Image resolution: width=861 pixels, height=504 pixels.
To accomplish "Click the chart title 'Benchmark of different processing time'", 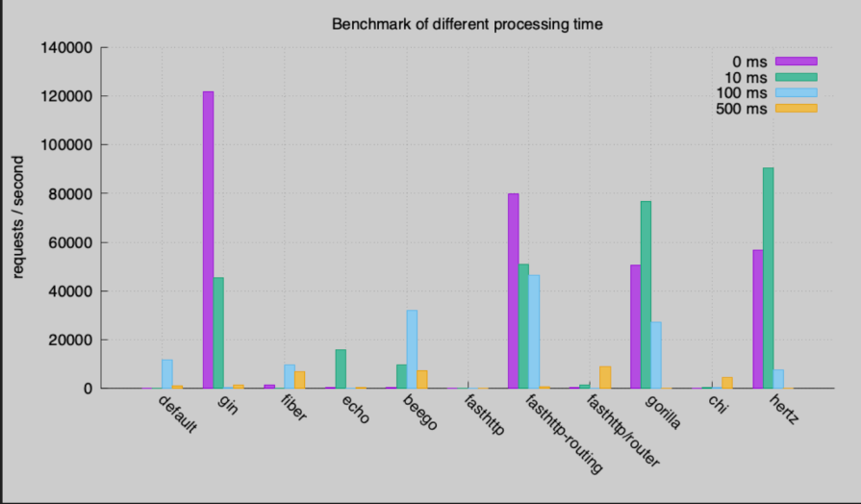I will click(468, 24).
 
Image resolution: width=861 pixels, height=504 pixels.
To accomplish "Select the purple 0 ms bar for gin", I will click(208, 239).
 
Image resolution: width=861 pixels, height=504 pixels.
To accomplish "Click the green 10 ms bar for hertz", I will click(769, 278).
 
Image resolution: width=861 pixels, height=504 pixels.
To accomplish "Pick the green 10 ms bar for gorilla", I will click(646, 294).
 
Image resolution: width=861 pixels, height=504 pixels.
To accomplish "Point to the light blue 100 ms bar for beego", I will click(412, 348).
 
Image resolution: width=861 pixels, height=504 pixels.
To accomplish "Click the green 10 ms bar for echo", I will click(341, 368).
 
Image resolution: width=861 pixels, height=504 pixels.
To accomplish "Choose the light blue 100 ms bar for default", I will click(167, 373).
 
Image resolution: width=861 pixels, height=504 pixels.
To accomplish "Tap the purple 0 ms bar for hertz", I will click(758, 318).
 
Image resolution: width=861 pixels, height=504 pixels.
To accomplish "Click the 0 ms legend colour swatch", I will click(796, 62).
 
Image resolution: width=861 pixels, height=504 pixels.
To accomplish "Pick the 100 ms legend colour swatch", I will click(796, 93).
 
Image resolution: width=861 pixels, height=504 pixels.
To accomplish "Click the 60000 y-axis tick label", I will click(68, 242).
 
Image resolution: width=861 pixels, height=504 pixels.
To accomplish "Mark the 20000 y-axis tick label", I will click(68, 340).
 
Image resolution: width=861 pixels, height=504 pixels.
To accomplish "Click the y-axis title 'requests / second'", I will click(18, 218).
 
